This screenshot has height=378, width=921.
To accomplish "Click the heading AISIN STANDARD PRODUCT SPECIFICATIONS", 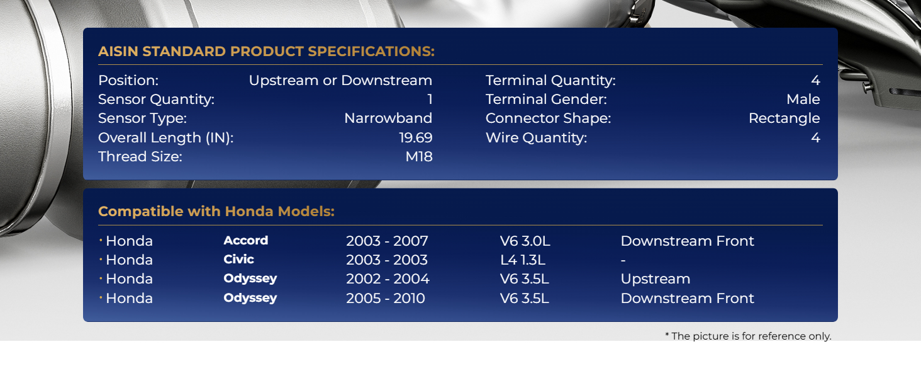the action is coord(267,52).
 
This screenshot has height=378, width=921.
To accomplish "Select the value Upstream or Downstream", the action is coord(340,80).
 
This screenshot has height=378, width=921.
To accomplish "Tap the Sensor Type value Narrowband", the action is coord(388,118).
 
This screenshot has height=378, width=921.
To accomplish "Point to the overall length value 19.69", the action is coord(416,137).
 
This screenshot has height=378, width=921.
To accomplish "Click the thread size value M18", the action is coord(419,156).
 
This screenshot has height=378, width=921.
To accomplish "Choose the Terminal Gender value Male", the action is coord(803,100).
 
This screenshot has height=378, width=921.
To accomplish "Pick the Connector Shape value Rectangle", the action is coord(784,118).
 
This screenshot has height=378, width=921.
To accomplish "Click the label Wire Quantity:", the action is coord(536,137).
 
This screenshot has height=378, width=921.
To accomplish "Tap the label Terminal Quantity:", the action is coord(550,80).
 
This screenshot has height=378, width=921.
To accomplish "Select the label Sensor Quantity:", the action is coord(156,100).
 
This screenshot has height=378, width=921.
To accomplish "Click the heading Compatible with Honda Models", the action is coord(216,211).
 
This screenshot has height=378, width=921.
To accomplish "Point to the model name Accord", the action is coord(246,241).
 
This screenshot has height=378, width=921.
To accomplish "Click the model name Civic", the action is coord(239,260).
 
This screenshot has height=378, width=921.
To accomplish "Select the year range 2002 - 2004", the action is coord(388,278).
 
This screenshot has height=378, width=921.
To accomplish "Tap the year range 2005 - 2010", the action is coord(386,298).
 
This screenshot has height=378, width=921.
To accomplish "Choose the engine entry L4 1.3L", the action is coord(523,260).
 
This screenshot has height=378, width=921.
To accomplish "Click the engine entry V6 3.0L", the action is coord(525,241).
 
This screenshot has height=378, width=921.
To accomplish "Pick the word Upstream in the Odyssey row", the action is coord(656,279).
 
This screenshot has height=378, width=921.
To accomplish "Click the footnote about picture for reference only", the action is coord(749,336).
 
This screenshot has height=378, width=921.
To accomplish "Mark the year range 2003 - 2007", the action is coord(387,241).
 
